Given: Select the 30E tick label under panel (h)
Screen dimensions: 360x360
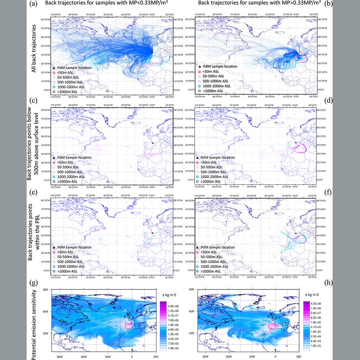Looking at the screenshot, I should click(298, 355).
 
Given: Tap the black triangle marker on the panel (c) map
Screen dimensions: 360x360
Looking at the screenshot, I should click(153, 143).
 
